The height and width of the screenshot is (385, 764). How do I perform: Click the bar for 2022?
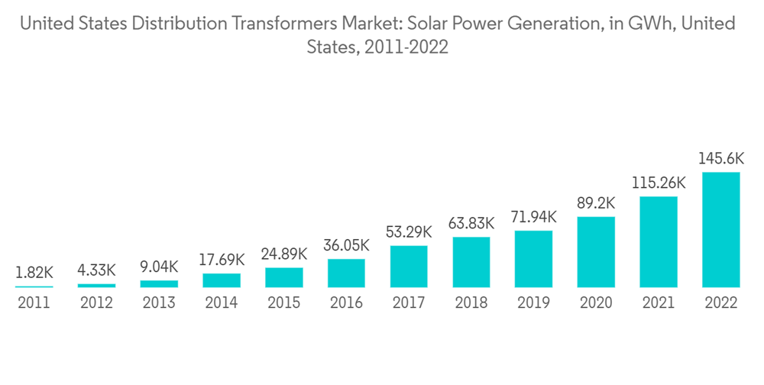(x=721, y=229)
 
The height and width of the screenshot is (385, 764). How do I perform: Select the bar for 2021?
(x=659, y=241)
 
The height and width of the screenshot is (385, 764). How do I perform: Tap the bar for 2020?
(x=596, y=251)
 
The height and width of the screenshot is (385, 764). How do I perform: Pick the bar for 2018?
(x=471, y=262)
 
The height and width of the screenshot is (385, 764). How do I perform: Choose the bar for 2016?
(x=346, y=273)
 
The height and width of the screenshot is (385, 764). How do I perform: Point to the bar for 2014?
(x=222, y=280)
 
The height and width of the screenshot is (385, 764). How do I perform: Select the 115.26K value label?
(x=659, y=183)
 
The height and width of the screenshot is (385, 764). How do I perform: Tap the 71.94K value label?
(x=533, y=218)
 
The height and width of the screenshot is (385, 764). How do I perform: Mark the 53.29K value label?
(x=409, y=232)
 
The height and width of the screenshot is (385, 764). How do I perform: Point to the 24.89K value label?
(x=283, y=254)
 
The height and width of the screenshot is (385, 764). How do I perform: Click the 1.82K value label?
(x=34, y=272)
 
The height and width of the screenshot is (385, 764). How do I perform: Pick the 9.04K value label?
(x=159, y=267)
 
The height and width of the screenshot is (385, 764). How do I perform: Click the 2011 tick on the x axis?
(x=34, y=303)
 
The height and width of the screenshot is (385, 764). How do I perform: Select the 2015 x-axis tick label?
(x=283, y=303)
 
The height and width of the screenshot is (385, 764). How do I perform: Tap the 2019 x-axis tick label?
(x=533, y=303)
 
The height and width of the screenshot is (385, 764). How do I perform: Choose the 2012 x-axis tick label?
(x=96, y=303)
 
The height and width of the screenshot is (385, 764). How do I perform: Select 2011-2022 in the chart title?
(x=409, y=47)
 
